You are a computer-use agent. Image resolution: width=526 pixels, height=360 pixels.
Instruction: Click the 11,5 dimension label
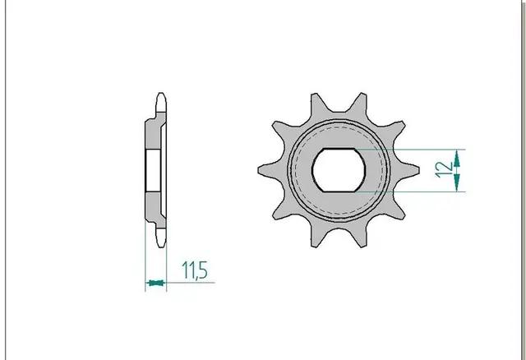pyautogui.click(x=195, y=270)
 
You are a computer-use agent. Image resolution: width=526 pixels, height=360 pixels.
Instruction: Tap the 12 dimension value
pyautogui.click(x=443, y=170)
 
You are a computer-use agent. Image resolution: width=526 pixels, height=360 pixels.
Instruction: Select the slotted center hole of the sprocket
pyautogui.click(x=339, y=170)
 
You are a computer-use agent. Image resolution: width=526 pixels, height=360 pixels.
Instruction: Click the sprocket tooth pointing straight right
pyautogui.click(x=407, y=170)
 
